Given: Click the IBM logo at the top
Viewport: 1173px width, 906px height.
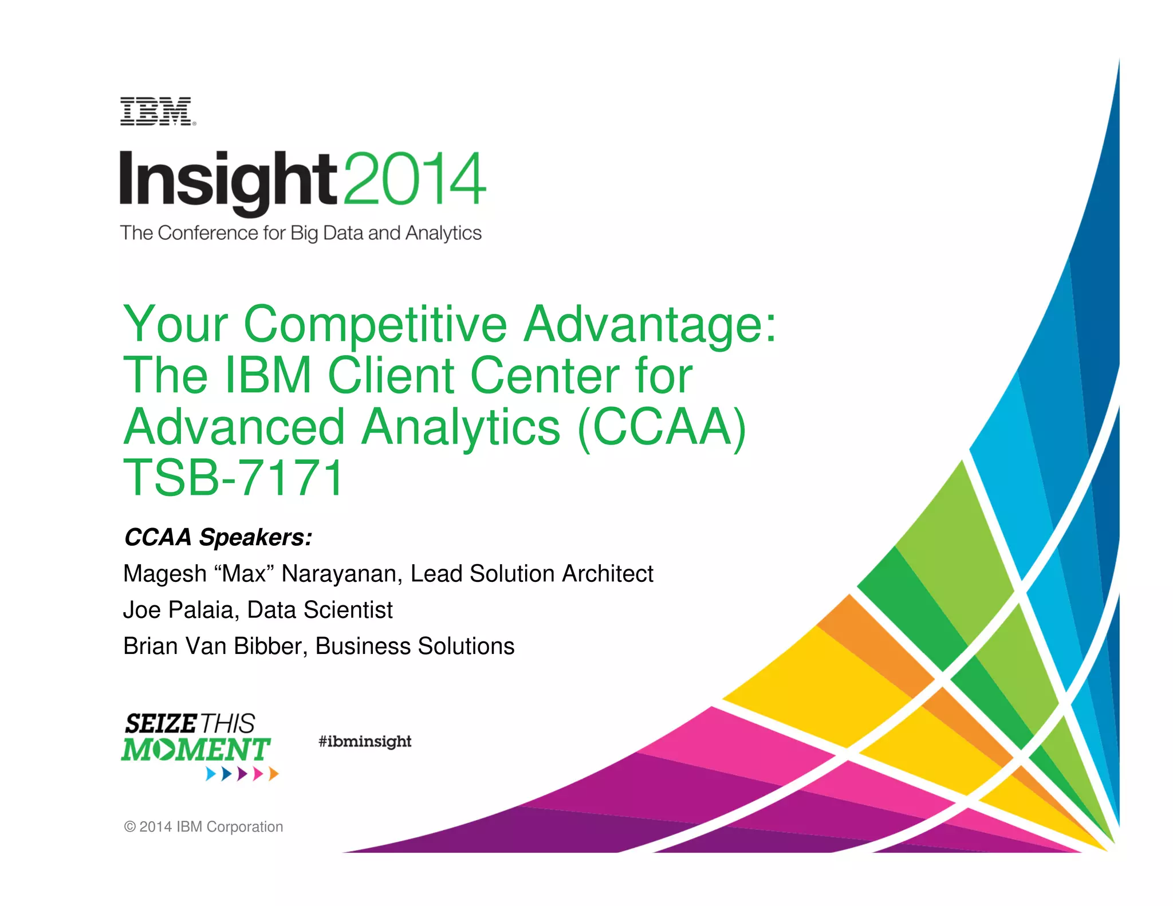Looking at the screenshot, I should [x=157, y=112].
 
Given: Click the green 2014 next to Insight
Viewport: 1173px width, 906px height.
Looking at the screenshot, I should [x=414, y=179].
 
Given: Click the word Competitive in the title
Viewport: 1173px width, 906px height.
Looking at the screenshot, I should [x=375, y=324].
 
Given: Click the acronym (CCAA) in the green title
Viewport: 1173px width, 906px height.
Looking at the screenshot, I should [x=662, y=427].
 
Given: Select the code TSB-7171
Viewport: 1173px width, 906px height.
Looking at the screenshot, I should [x=233, y=478].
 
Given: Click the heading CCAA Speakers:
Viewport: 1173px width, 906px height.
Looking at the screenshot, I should [x=218, y=537].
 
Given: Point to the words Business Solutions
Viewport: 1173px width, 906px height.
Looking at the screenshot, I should [x=415, y=646].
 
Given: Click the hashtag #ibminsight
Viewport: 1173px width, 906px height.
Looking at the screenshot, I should [x=365, y=742].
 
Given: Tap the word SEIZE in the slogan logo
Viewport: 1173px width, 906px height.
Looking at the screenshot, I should [x=161, y=724].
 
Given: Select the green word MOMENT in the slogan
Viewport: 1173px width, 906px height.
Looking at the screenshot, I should [x=195, y=750].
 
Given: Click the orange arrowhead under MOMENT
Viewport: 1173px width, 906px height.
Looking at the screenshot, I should [x=274, y=774].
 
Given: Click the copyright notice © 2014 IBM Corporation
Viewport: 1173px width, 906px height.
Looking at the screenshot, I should [x=203, y=827].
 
